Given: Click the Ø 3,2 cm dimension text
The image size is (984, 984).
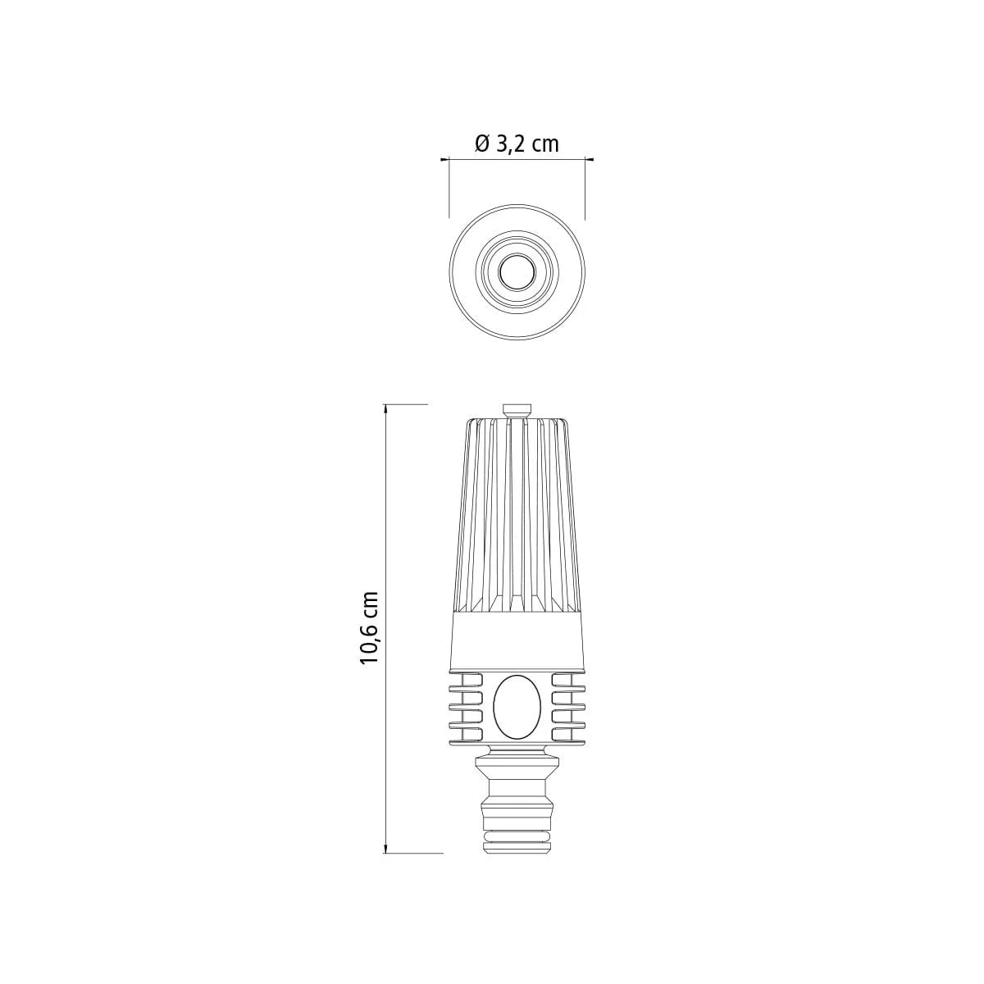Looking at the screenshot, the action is (517, 144).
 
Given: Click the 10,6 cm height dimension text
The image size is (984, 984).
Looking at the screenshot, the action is (369, 627).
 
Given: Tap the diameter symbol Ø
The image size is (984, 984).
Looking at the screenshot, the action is (482, 144).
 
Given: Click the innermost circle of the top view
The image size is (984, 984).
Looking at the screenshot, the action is (517, 271).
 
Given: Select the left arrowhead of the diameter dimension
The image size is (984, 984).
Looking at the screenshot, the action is (445, 160).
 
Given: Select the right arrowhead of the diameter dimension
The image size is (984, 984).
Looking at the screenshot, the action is (589, 160).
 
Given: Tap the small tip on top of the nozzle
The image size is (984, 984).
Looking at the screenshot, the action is (517, 411).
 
